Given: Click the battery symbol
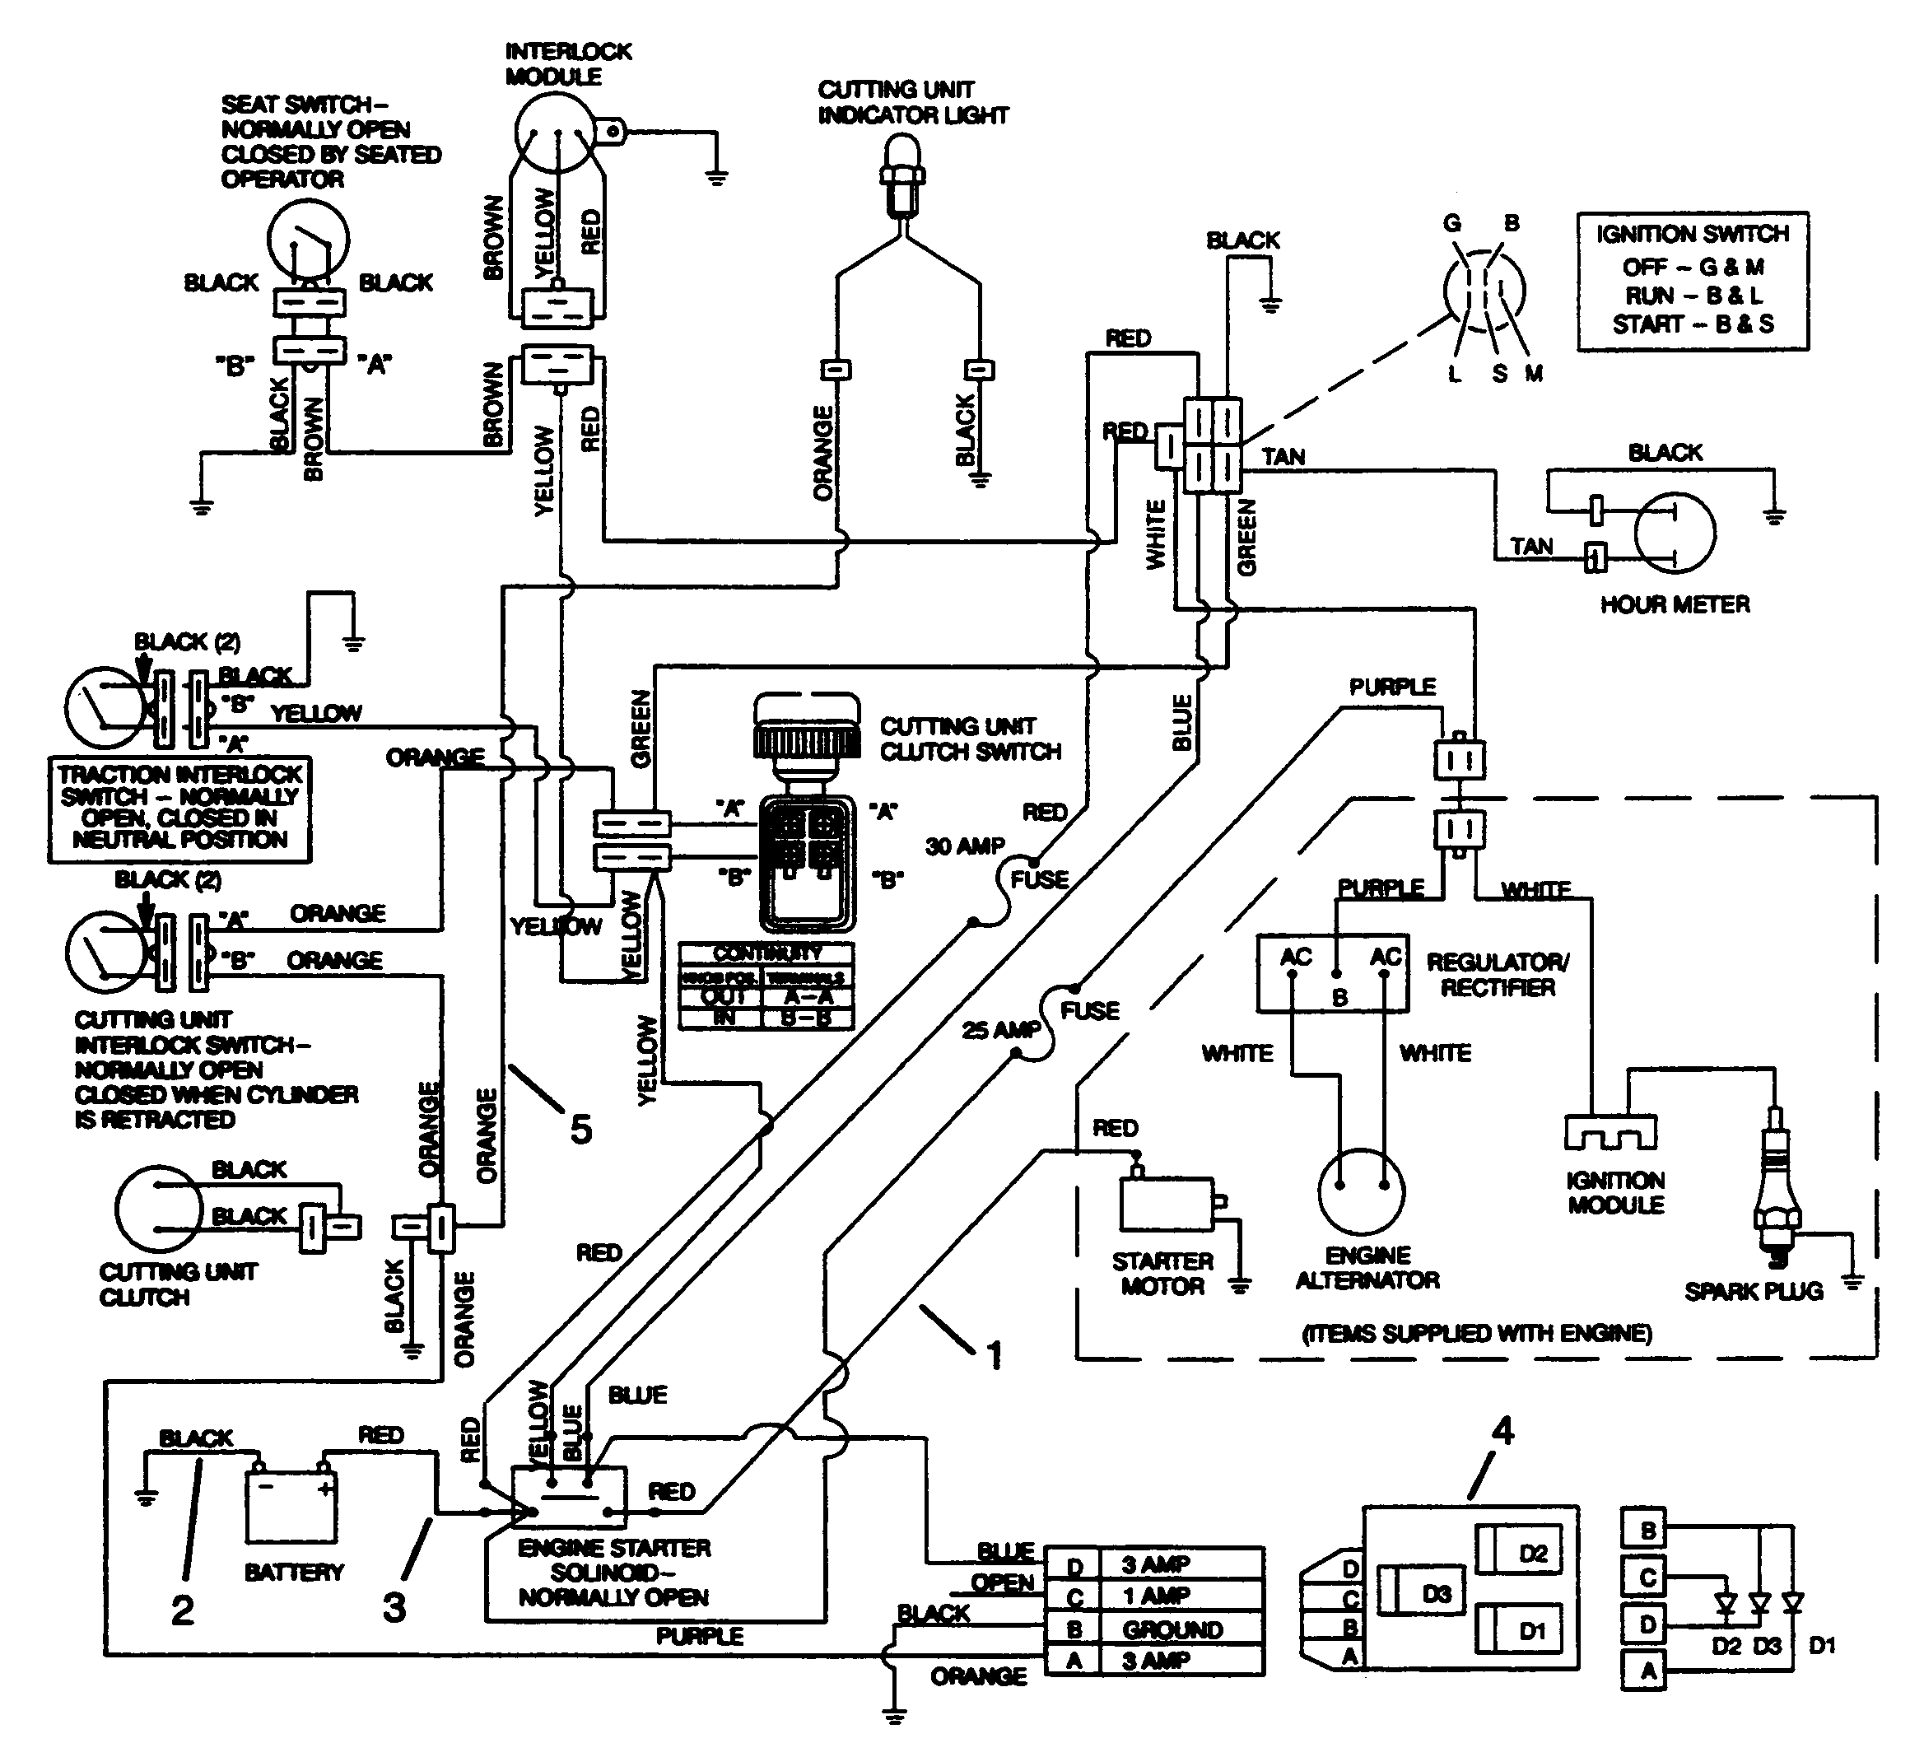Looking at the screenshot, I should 291,1505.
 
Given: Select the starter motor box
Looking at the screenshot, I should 1166,1204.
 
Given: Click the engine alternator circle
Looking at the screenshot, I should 1361,1192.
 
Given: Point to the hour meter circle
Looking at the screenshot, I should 1675,533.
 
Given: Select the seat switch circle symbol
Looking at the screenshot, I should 307,241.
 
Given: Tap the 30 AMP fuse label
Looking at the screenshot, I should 964,846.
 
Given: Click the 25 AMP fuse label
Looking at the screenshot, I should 1000,1030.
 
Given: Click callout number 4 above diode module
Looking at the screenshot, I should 1502,1432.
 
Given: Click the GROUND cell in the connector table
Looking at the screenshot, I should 1172,1629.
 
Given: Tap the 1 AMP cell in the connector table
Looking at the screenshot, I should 1155,1596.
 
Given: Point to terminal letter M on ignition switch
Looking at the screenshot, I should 1534,374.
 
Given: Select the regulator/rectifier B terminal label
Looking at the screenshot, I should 1339,997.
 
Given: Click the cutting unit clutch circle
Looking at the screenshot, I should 159,1209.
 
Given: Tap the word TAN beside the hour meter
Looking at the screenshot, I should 1531,546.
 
